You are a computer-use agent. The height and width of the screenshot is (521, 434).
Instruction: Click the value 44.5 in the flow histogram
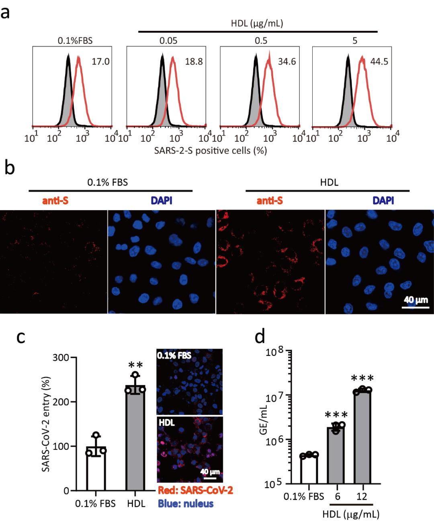click(379, 62)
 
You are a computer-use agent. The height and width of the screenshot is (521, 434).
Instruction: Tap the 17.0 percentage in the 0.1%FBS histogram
click(100, 62)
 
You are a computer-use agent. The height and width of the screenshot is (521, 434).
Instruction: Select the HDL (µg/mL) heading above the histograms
click(257, 23)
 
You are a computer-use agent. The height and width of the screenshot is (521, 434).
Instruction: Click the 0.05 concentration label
click(168, 41)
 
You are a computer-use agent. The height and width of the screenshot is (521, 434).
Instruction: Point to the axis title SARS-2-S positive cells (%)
click(211, 151)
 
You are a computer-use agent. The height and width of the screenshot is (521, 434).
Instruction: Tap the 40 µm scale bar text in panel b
click(416, 300)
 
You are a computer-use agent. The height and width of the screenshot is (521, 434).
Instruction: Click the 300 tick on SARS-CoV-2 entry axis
click(61, 358)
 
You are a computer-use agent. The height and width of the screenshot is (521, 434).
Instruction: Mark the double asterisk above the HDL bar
click(135, 365)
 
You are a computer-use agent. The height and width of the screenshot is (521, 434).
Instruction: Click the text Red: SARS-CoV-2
click(195, 490)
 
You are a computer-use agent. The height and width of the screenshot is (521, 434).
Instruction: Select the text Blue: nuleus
click(186, 503)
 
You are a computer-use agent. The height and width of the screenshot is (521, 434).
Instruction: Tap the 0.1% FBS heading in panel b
click(108, 182)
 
